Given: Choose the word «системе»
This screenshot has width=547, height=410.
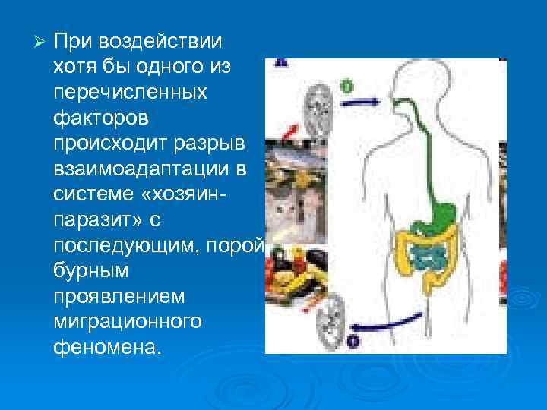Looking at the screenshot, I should [x=95, y=196].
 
